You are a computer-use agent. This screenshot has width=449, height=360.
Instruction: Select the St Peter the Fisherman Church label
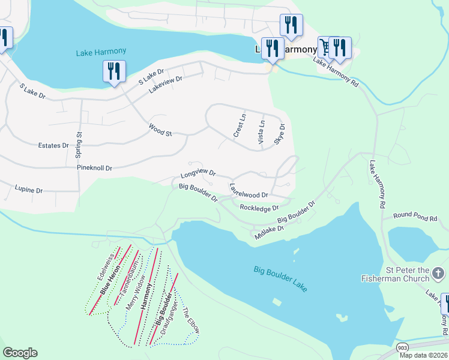click(x=395, y=274)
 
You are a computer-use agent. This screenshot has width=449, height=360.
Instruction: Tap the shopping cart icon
click(x=325, y=46)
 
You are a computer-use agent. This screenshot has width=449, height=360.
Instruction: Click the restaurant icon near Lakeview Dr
click(x=113, y=71)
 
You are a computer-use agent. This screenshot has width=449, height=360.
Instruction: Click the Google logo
click(x=20, y=353)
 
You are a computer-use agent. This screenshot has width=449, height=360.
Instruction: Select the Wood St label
click(x=160, y=130)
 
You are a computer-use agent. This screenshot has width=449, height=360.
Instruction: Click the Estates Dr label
click(x=53, y=146)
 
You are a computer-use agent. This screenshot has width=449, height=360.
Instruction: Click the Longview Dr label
click(x=197, y=175)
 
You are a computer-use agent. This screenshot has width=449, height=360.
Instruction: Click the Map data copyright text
click(x=422, y=355)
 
